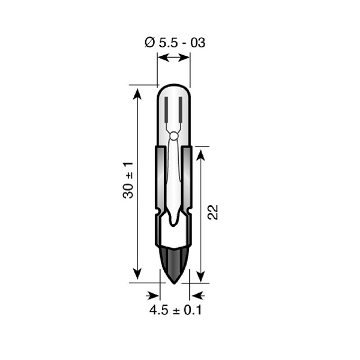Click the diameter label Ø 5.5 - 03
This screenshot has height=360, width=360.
[175, 43]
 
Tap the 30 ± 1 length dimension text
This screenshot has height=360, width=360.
[128, 180]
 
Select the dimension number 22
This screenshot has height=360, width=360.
[212, 212]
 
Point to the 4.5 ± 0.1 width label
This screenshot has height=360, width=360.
[176, 310]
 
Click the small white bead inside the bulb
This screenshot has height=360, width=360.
[174, 136]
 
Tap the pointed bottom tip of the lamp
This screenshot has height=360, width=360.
[174, 284]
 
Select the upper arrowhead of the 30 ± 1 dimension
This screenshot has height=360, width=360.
[137, 94]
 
